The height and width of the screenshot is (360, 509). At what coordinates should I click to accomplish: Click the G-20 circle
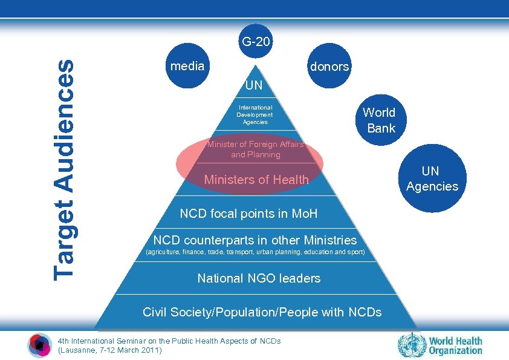coord(256,44)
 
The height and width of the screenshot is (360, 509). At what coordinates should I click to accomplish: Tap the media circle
coord(187,67)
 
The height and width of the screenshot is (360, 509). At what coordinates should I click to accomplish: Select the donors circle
coord(329,67)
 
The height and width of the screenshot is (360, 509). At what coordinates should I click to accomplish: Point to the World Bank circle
coord(379,120)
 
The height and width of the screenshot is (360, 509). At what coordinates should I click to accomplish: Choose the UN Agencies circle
coord(432,179)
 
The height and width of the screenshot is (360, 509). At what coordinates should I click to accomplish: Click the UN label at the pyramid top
coord(254,86)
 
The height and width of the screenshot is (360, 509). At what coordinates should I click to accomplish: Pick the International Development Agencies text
coord(254,114)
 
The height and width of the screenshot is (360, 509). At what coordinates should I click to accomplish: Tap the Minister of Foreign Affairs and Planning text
coord(255,149)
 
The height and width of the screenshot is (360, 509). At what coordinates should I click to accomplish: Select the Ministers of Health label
coord(256,180)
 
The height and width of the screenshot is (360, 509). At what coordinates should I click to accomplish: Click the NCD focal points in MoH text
coord(248,214)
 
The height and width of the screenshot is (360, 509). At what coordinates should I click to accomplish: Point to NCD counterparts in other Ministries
coord(255,240)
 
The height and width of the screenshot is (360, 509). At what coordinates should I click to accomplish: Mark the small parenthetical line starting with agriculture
coord(256,252)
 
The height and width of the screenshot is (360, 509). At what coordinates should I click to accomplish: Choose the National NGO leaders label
coord(259,278)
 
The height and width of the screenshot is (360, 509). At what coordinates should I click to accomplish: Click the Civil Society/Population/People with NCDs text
coord(262,312)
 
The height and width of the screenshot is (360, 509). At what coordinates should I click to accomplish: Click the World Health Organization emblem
coord(412,345)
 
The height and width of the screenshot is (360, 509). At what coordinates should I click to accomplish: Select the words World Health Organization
coord(456,345)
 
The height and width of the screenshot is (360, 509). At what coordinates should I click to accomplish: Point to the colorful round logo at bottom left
coord(40,345)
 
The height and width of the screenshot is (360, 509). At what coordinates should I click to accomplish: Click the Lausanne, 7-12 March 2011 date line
coord(109,350)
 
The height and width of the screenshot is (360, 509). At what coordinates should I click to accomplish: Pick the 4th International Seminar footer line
coord(169,341)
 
